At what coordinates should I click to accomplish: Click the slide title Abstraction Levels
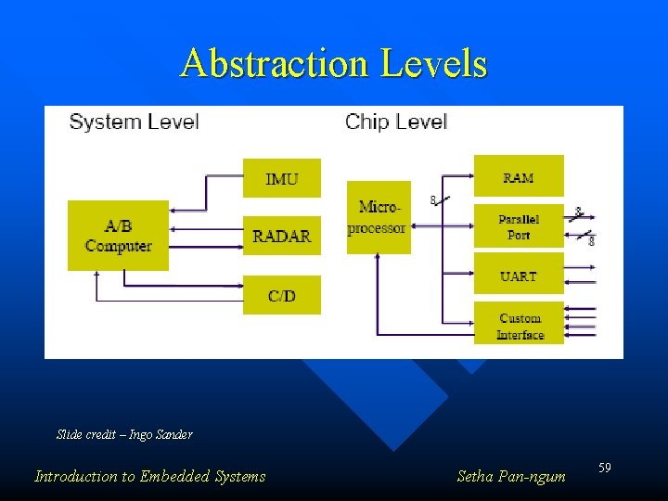point(334,64)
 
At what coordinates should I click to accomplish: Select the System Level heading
point(134,122)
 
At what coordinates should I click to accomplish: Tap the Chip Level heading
point(396,122)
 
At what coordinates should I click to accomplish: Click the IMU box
point(282,178)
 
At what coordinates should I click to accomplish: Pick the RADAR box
point(282,237)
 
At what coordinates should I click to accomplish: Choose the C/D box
point(282,296)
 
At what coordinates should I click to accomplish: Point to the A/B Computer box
point(118,236)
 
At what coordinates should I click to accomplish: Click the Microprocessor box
point(378,217)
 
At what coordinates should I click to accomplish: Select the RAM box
point(519,176)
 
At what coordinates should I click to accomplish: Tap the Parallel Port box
point(519,226)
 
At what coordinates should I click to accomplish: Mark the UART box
point(519,276)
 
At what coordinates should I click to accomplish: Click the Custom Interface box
point(519,326)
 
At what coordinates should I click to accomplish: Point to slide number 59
point(604,469)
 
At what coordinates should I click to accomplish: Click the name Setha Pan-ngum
point(511,477)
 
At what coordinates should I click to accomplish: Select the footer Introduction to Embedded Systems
point(149,477)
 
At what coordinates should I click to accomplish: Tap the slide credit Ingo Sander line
point(124,434)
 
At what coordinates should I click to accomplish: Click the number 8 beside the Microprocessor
point(433,199)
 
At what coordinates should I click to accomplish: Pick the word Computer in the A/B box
point(118,246)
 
